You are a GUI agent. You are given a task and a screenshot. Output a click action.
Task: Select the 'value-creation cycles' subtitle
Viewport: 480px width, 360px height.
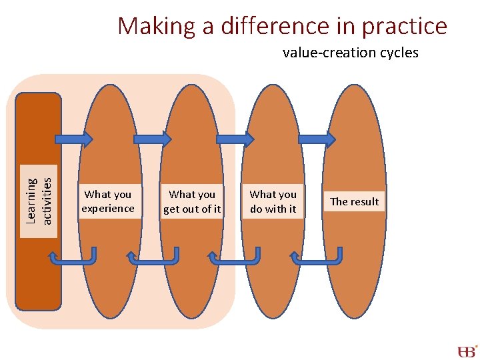[350, 53]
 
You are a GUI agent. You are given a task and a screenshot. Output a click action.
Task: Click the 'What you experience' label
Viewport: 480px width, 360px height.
[107, 201]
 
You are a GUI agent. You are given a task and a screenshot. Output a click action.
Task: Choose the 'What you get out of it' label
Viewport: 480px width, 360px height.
[192, 201]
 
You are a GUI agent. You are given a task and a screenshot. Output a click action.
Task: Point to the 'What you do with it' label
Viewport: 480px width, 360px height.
[273, 201]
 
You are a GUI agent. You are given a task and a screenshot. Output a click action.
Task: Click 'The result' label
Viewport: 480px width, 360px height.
[354, 201]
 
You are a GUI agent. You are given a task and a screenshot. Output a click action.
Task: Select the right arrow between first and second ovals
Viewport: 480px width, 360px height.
[152, 139]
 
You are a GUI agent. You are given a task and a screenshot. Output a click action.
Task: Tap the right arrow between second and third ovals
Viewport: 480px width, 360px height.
[235, 139]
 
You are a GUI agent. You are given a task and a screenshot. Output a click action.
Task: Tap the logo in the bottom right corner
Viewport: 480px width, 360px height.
[467, 351]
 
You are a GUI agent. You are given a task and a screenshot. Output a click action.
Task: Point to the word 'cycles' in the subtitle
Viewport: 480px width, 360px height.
[398, 53]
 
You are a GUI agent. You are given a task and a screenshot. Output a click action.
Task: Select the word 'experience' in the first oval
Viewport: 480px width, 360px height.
[107, 209]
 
